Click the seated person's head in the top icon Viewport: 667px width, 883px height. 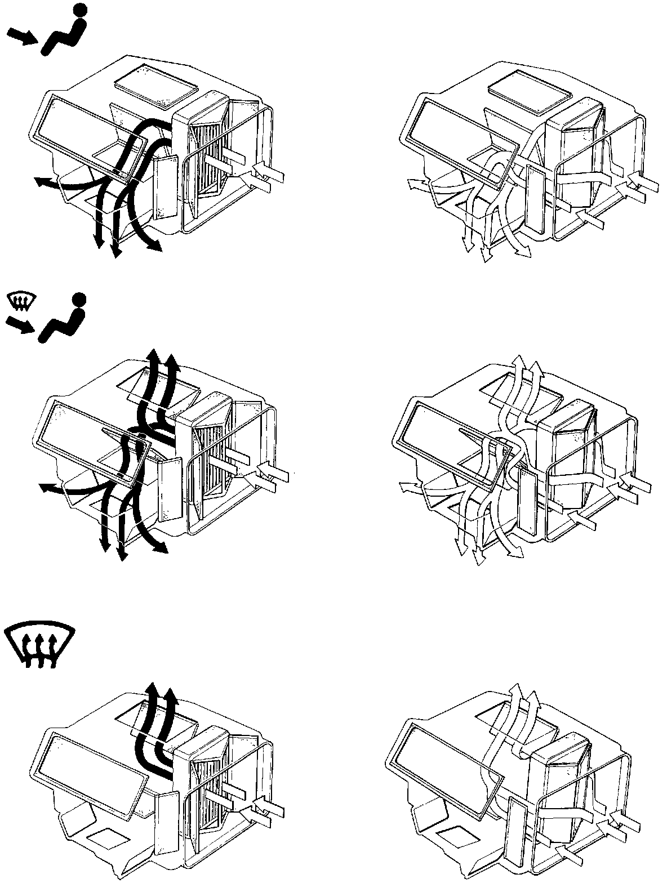81,10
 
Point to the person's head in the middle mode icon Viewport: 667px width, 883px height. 79,299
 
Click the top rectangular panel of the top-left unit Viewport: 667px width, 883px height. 156,79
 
